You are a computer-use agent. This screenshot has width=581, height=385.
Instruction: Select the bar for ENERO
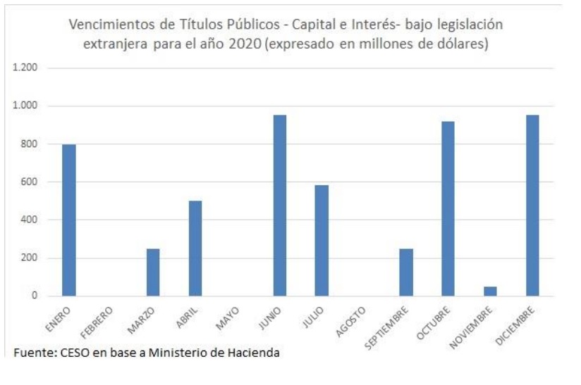[x=68, y=220]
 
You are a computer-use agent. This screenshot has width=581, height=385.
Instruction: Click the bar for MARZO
[x=153, y=272]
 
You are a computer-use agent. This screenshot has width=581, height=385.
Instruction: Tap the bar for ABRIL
[x=195, y=248]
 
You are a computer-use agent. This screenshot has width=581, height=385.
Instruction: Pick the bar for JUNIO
[x=279, y=205]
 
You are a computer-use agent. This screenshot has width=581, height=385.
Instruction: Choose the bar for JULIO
[x=322, y=240]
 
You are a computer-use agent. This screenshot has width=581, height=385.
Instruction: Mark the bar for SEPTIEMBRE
[x=405, y=272]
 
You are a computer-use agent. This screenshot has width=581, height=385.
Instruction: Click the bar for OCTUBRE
[x=448, y=208]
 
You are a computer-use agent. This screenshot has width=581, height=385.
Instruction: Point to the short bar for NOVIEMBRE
[x=490, y=291]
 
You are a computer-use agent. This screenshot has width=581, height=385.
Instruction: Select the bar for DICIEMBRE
[x=532, y=205]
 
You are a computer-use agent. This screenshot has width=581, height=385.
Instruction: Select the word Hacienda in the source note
[x=255, y=351]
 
